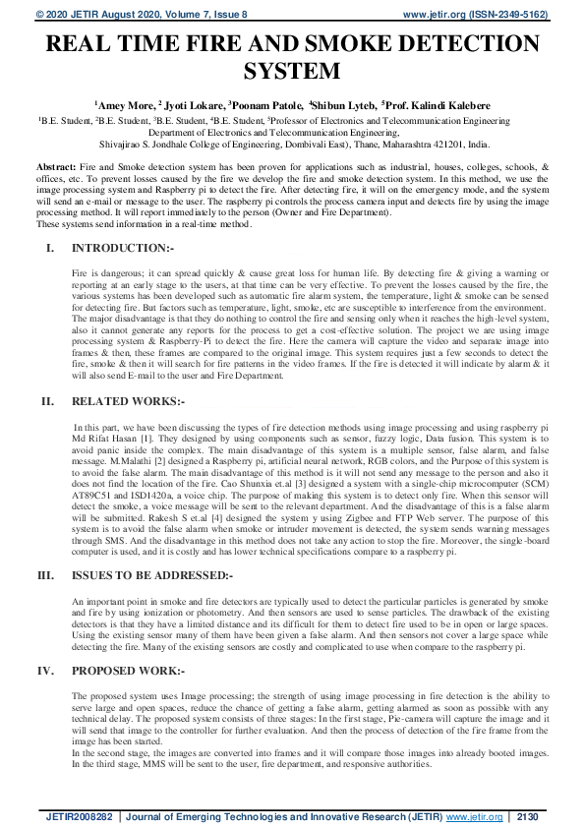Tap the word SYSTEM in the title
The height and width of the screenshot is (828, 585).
click(x=292, y=71)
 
